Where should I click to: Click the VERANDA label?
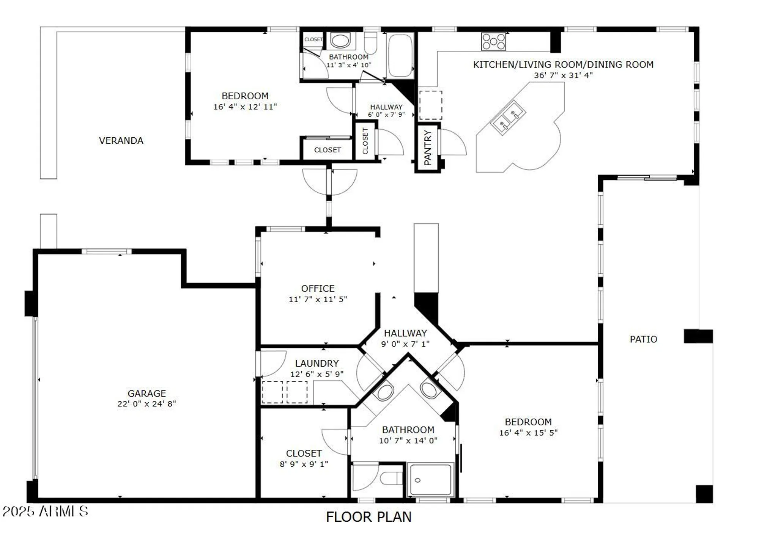click(x=121, y=141)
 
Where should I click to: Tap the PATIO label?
click(x=643, y=339)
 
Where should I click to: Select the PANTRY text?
click(x=428, y=147)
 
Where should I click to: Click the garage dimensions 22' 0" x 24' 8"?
click(x=146, y=404)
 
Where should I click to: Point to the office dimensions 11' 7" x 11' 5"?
click(x=318, y=299)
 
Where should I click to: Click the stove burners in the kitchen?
click(x=493, y=41)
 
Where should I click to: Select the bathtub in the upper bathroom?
click(x=400, y=56)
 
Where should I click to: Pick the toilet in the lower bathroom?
click(x=391, y=479)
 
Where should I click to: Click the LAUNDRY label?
click(x=317, y=363)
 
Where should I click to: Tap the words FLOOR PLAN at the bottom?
click(x=368, y=517)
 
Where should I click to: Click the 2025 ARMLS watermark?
click(x=45, y=511)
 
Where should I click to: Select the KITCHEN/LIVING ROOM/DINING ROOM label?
click(x=563, y=65)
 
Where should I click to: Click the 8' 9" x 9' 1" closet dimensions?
click(x=304, y=464)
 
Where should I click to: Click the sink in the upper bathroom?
click(x=340, y=41)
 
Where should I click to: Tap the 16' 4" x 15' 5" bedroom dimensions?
click(x=528, y=433)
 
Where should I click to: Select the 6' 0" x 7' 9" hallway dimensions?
click(x=386, y=115)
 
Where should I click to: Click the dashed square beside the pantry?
click(x=430, y=105)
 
